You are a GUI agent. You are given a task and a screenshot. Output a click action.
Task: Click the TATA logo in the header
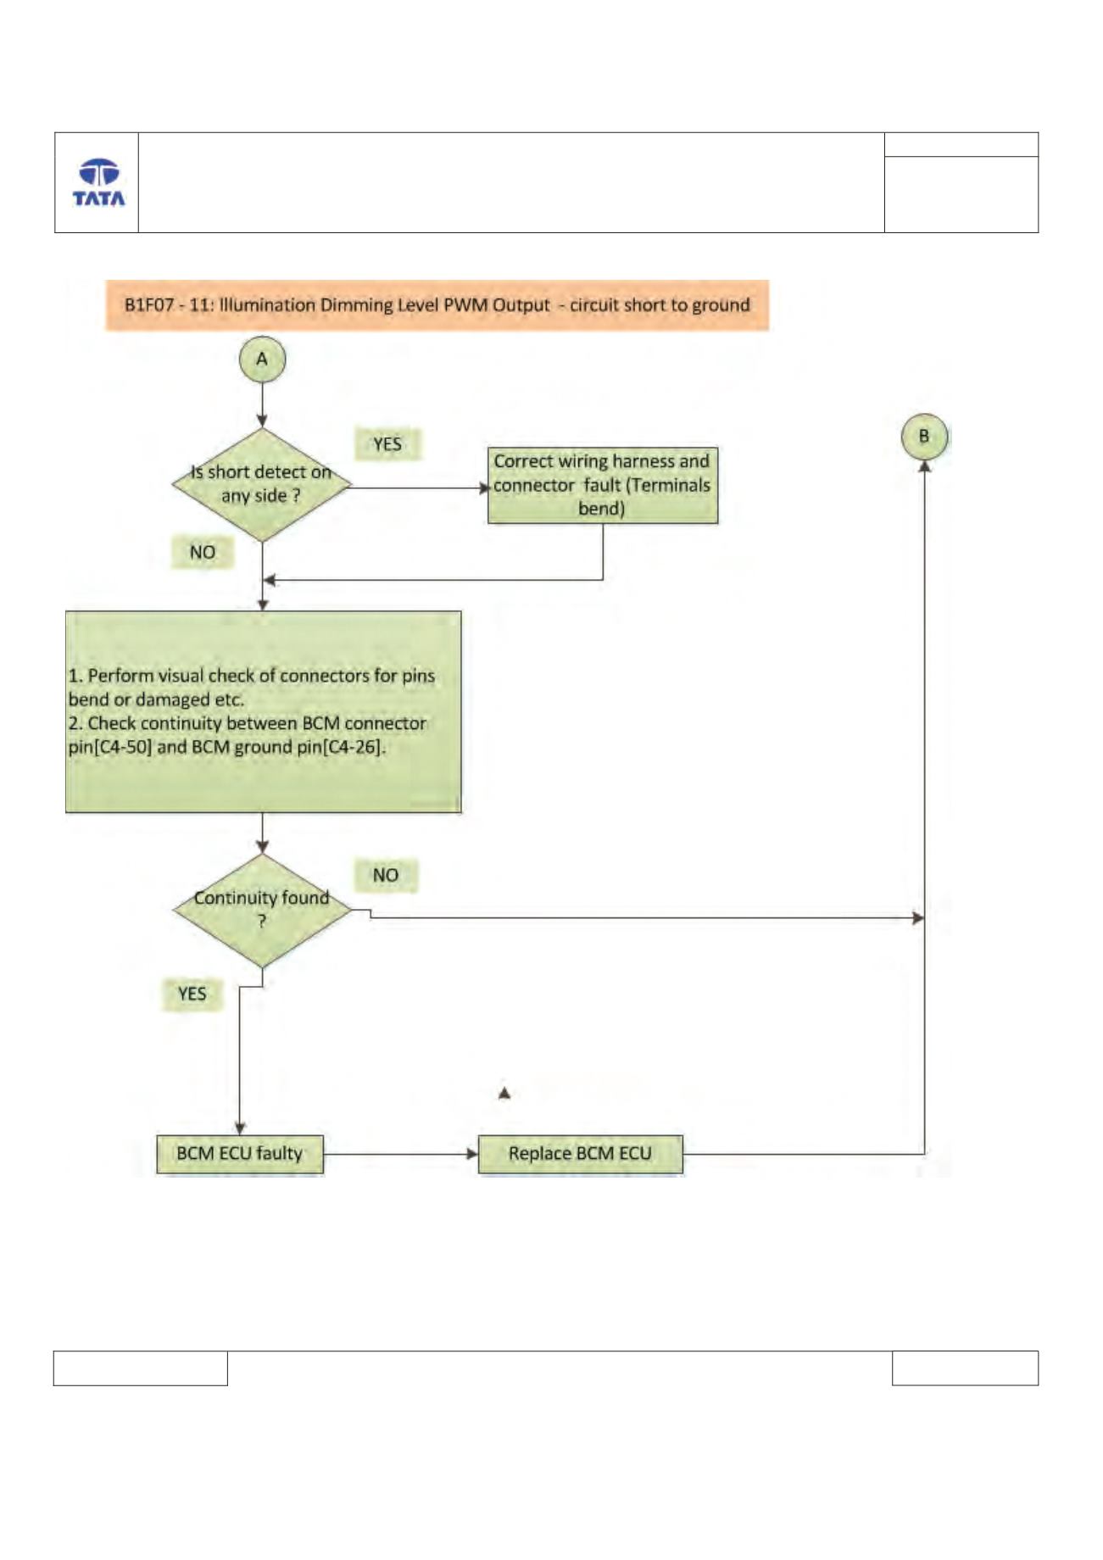(x=98, y=182)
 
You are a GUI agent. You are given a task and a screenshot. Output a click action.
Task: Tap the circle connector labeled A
(x=262, y=359)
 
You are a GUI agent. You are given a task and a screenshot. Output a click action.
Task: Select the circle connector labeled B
(x=924, y=437)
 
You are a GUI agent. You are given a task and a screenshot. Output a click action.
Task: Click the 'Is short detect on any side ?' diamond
(x=262, y=485)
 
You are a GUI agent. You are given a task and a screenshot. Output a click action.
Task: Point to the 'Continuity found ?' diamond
(x=262, y=911)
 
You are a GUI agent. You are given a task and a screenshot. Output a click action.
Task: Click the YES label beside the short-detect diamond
(x=387, y=444)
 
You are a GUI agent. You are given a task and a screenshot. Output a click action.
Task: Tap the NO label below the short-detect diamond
(x=202, y=553)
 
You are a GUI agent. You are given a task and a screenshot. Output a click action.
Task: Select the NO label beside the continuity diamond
(x=386, y=875)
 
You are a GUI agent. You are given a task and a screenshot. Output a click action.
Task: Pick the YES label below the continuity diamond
(x=192, y=994)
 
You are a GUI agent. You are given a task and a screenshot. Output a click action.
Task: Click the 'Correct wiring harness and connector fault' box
(x=603, y=486)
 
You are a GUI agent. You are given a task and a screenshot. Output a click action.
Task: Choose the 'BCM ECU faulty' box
(x=240, y=1154)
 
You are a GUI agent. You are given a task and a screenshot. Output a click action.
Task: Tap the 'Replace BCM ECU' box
(x=580, y=1154)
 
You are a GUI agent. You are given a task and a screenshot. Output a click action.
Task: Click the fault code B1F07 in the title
(x=149, y=305)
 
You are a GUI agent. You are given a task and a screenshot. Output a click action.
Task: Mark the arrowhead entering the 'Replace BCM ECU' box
(x=473, y=1154)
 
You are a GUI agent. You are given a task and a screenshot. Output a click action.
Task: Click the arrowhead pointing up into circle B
(x=924, y=465)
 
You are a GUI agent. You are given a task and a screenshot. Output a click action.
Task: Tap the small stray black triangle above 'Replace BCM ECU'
(x=504, y=1094)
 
